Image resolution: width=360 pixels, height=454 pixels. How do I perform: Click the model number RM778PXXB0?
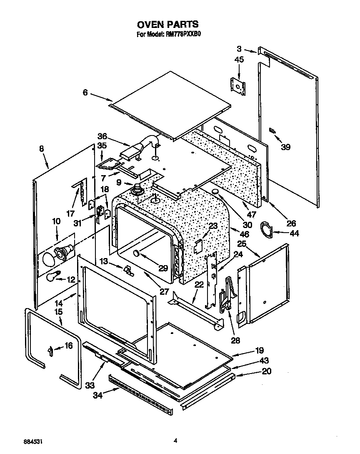tap(183, 35)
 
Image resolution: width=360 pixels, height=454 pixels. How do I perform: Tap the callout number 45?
tap(239, 60)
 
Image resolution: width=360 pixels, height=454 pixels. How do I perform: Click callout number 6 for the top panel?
tap(85, 93)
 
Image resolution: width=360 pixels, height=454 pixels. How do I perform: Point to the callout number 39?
tap(285, 147)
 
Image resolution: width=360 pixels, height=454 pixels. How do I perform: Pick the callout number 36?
tap(102, 136)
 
